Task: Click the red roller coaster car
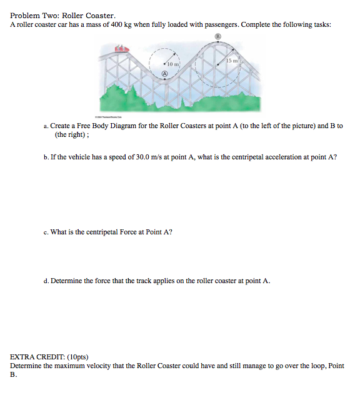pyautogui.click(x=121, y=48)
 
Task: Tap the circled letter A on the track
pyautogui.click(x=165, y=74)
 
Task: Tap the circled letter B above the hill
pyautogui.click(x=217, y=37)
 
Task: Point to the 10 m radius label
pyautogui.click(x=172, y=64)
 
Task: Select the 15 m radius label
pyautogui.click(x=232, y=60)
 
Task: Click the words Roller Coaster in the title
pyautogui.click(x=89, y=15)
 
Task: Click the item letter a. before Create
pyautogui.click(x=46, y=126)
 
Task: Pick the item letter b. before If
pyautogui.click(x=46, y=157)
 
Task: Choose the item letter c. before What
pyautogui.click(x=46, y=232)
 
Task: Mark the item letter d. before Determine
pyautogui.click(x=46, y=281)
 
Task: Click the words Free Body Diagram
pyautogui.click(x=101, y=126)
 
